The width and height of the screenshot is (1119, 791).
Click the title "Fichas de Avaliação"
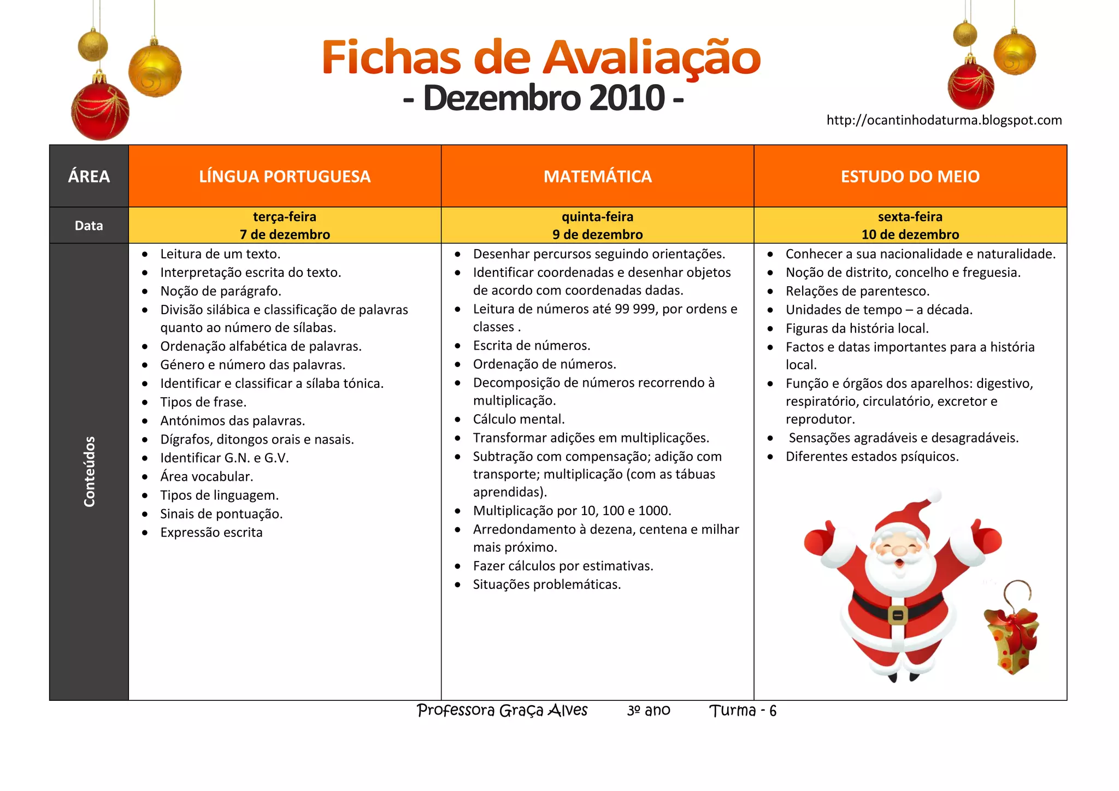[541, 57]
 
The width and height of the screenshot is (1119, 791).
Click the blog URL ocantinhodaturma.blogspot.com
[944, 120]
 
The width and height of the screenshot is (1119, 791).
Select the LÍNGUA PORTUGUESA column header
[285, 176]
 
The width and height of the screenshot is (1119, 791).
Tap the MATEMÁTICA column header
[597, 176]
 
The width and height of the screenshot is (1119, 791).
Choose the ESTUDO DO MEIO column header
[910, 176]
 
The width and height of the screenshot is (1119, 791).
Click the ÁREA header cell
[89, 176]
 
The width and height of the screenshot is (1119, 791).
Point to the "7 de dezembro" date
[285, 234]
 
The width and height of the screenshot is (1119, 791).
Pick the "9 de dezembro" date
[597, 234]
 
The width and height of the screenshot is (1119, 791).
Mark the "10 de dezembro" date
[910, 234]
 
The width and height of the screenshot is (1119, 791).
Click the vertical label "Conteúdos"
[90, 471]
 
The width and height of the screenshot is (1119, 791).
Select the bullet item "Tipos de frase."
[203, 402]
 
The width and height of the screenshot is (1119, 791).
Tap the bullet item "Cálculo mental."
[519, 419]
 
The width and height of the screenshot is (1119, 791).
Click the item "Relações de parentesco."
[857, 291]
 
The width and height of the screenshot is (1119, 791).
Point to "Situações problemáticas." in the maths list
[546, 585]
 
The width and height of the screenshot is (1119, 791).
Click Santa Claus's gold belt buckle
[897, 616]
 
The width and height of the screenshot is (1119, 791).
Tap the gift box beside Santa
[1012, 639]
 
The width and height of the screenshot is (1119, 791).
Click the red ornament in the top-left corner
[101, 111]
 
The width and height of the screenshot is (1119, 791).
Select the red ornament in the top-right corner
[970, 86]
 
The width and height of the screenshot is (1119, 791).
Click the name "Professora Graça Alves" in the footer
[502, 710]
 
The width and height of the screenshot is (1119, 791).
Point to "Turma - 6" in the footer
[743, 711]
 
